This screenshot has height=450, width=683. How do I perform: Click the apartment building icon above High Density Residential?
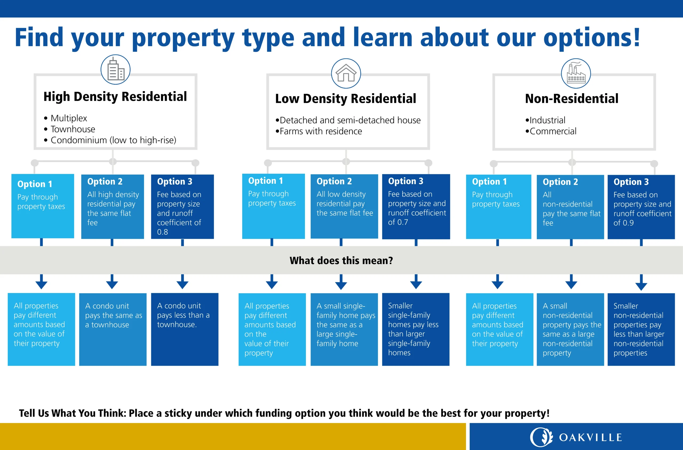115,69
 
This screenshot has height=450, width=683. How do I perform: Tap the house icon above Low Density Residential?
346,73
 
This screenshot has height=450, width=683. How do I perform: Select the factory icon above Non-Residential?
576,73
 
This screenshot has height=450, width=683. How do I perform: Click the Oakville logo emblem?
541,437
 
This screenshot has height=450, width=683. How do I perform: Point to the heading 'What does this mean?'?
341,260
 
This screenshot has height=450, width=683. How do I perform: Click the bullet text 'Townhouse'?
73,129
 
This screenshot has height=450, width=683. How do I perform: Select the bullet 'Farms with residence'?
321,131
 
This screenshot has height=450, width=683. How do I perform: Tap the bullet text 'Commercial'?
553,131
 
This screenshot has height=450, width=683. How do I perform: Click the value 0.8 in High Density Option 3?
162,232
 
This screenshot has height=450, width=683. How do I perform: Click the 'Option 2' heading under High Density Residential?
105,182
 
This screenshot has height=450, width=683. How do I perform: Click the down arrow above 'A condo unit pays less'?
182,281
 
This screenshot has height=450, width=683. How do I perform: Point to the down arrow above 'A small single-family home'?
341,282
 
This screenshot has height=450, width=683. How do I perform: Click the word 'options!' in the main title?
592,38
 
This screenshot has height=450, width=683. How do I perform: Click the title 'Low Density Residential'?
346,99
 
